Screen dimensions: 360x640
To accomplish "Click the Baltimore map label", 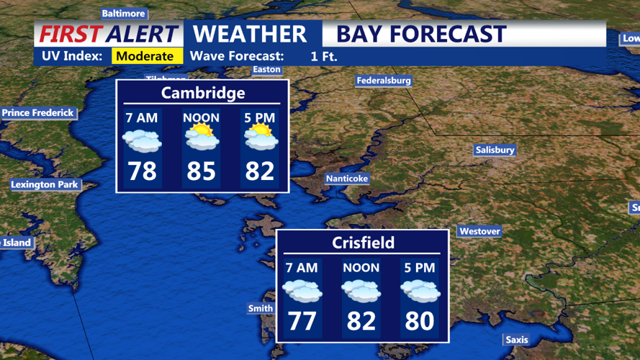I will pyautogui.click(x=123, y=14).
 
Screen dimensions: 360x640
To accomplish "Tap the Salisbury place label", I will pyautogui.click(x=495, y=150).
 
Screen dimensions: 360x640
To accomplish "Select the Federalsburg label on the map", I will pyautogui.click(x=383, y=81).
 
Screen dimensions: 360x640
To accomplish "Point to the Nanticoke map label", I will pyautogui.click(x=346, y=179).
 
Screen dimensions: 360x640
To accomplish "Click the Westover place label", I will pyautogui.click(x=479, y=231).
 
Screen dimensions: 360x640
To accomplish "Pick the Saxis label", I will pyautogui.click(x=516, y=340).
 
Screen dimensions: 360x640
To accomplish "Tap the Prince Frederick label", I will pyautogui.click(x=37, y=113).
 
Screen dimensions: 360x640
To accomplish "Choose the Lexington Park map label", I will pyautogui.click(x=44, y=185).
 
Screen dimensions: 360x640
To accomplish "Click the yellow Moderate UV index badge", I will pyautogui.click(x=145, y=56).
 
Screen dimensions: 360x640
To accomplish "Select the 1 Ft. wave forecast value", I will pyautogui.click(x=324, y=56).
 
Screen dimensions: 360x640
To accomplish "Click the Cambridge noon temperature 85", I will pyautogui.click(x=201, y=171).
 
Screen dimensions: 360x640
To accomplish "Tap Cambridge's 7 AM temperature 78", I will pyautogui.click(x=142, y=171).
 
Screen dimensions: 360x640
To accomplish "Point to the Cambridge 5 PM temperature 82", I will pyautogui.click(x=260, y=171).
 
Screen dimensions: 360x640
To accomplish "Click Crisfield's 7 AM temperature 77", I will pyautogui.click(x=302, y=320).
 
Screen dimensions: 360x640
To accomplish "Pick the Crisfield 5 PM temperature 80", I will pyautogui.click(x=420, y=320).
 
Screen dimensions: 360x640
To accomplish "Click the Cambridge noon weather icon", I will pyautogui.click(x=201, y=138).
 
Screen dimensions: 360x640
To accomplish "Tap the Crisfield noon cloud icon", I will pyautogui.click(x=361, y=290).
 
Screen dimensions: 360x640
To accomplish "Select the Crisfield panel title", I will pyautogui.click(x=363, y=243).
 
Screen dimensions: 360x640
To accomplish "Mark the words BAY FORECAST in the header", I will pyautogui.click(x=421, y=34).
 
